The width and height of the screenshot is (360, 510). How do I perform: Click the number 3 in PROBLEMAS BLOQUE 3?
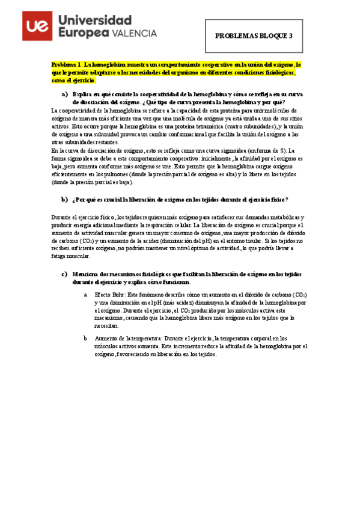(x=290, y=35)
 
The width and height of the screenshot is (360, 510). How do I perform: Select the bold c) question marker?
(x=65, y=274)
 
